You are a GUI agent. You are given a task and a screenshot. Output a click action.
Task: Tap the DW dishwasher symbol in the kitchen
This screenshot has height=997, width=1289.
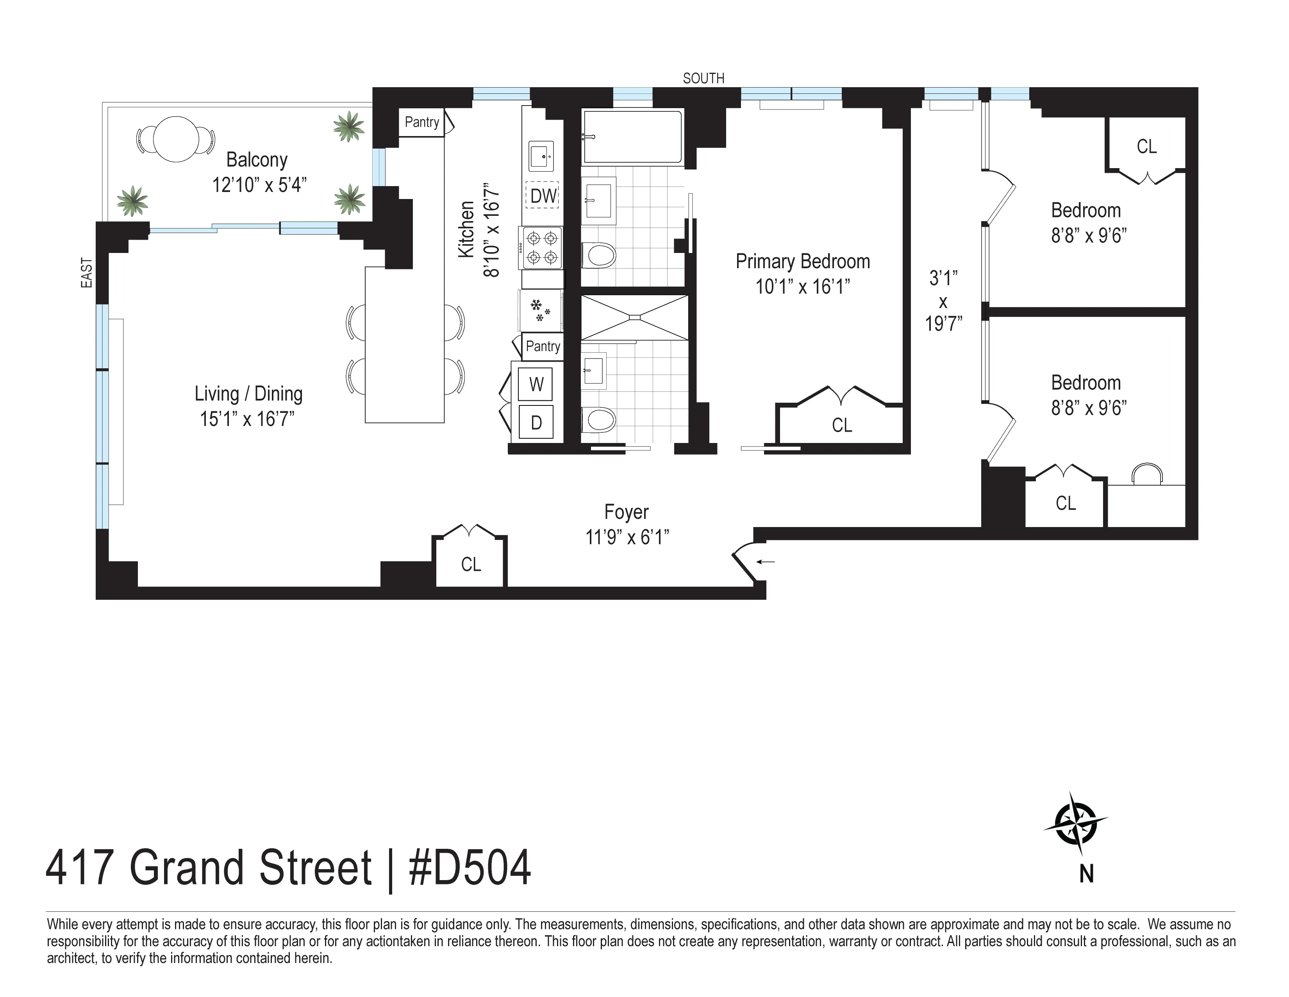[543, 195]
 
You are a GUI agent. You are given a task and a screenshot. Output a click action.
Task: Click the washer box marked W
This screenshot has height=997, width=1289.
[536, 384]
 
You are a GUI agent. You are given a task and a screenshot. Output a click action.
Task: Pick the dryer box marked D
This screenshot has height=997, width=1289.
[536, 422]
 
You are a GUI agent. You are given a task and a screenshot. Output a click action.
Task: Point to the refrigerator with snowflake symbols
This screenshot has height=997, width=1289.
[540, 310]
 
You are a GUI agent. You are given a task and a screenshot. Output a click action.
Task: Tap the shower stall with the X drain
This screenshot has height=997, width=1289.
[634, 318]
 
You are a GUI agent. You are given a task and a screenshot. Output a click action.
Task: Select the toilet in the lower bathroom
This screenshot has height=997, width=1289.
[598, 420]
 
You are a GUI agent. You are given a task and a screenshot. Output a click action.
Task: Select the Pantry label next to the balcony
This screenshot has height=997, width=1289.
[421, 122]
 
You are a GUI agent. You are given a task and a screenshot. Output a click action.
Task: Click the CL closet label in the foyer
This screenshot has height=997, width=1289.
[470, 565]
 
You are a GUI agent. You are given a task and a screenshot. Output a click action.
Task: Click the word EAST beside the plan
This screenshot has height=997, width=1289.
[87, 273]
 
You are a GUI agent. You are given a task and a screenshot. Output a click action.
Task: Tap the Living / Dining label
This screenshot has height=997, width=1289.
[248, 394]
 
